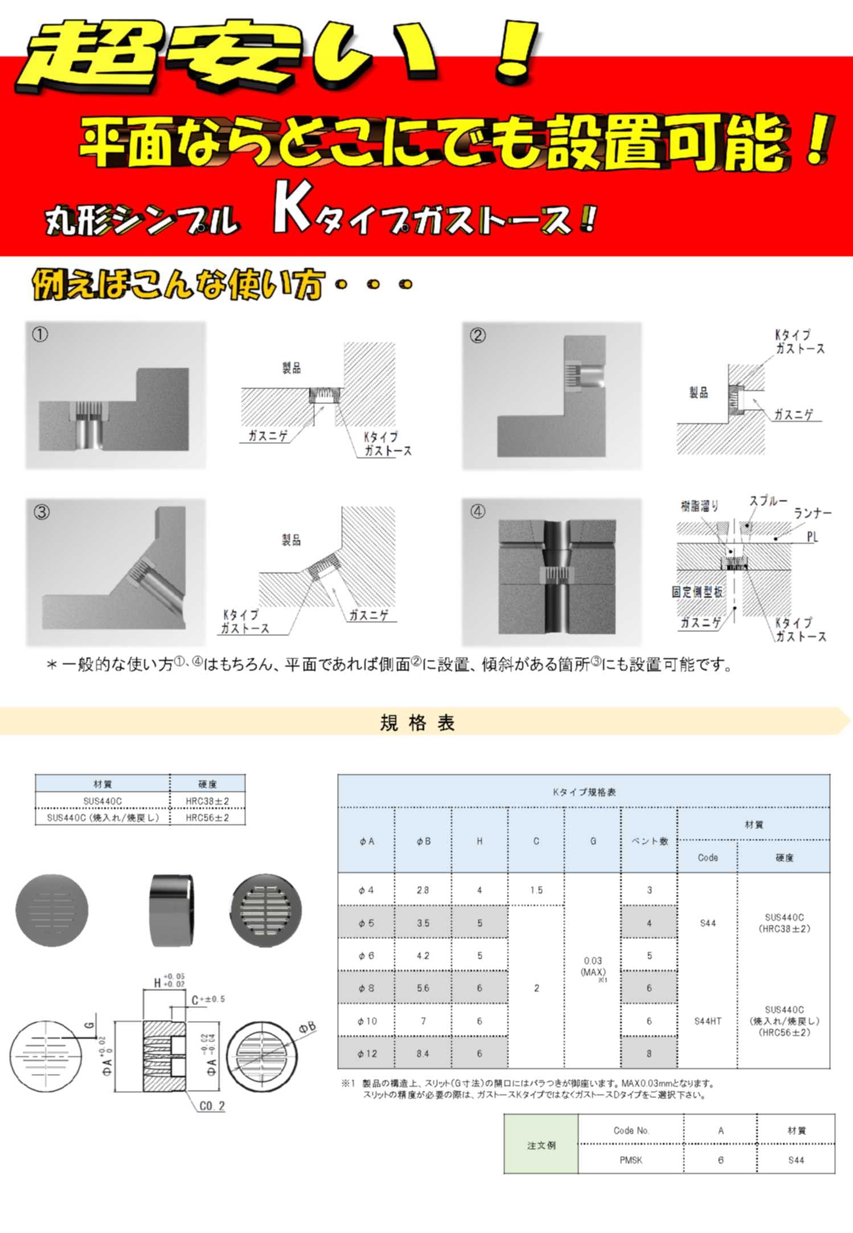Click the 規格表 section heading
tap(417, 722)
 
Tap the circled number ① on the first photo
tap(40, 334)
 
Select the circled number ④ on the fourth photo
tap(478, 511)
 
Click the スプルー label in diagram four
tap(768, 501)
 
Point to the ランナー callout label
tap(813, 513)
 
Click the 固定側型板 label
tap(697, 592)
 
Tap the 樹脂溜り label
tap(700, 505)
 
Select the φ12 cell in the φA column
tap(367, 1054)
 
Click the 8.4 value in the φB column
tap(423, 1054)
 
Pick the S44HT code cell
tap(708, 1021)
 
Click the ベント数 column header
tap(649, 841)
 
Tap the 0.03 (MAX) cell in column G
tap(593, 966)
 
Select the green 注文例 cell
tap(541, 1145)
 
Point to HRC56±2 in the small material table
tap(207, 818)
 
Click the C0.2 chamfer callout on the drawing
tap(212, 1106)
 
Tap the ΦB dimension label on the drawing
tap(307, 1027)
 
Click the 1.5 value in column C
tap(536, 890)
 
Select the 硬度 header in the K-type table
tap(784, 858)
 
